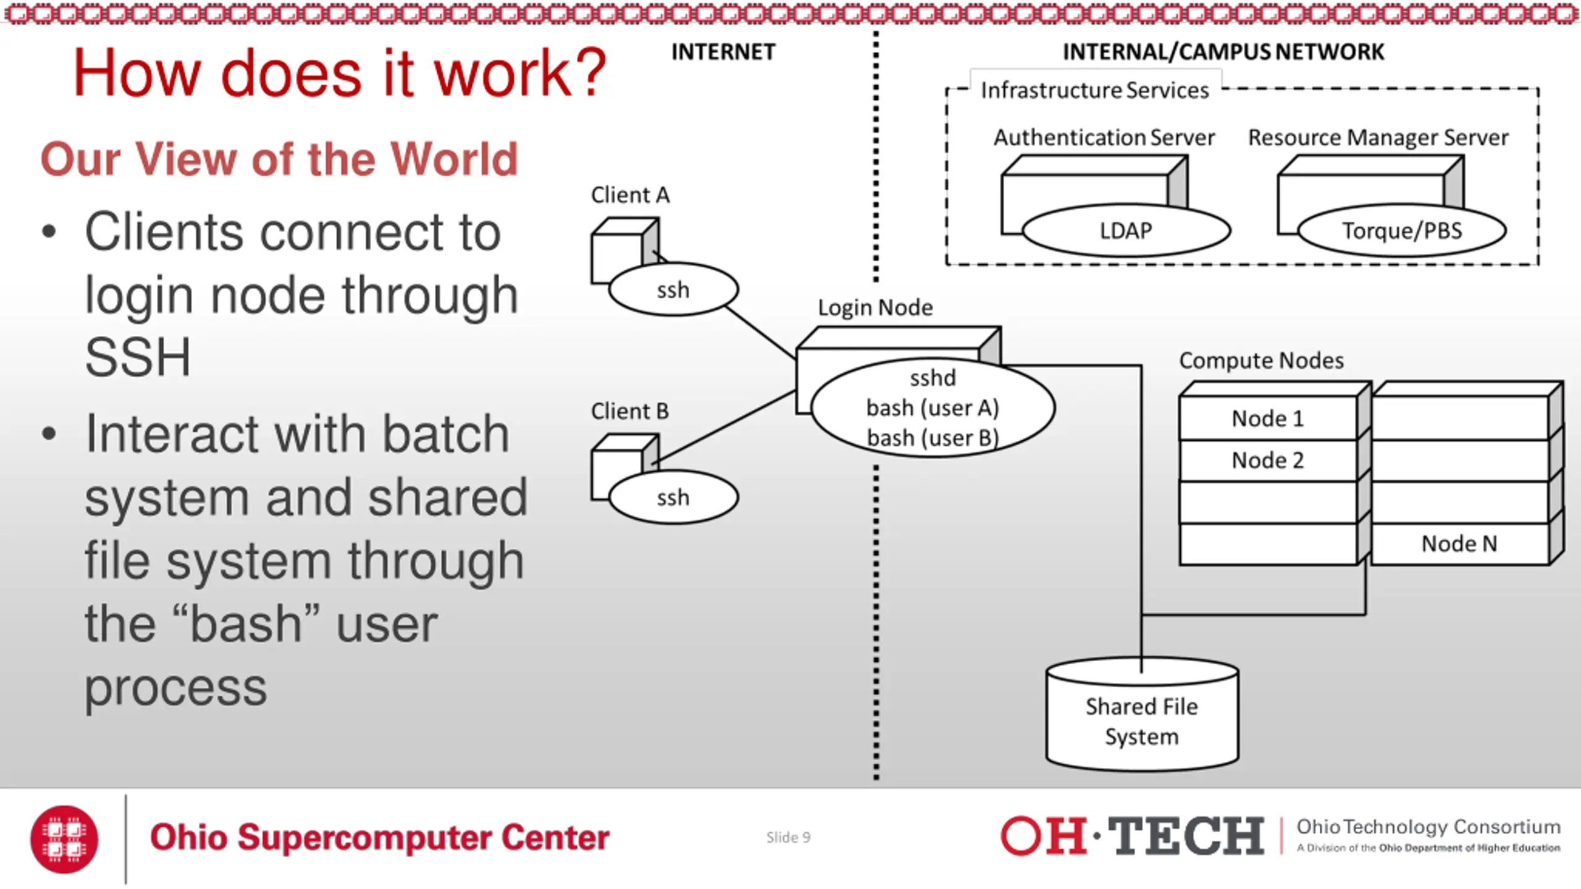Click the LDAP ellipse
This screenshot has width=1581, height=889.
(1126, 230)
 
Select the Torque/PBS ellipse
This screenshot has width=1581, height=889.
(1402, 230)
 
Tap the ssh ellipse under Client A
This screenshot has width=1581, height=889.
(673, 290)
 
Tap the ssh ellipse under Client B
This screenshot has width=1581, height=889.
(673, 498)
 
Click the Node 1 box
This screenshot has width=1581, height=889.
(1267, 419)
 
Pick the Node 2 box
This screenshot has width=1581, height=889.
(1267, 461)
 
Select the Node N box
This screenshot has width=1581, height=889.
(1459, 544)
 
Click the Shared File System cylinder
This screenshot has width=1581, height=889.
(1142, 720)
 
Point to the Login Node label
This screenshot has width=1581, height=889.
(875, 307)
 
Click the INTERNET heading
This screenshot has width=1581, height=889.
(723, 52)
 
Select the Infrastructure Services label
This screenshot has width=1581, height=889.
(1094, 91)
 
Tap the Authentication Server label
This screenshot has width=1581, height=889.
(1104, 137)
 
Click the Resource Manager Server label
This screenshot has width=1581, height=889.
(1378, 137)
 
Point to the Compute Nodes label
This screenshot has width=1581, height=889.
(1261, 361)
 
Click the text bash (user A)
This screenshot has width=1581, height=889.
(933, 408)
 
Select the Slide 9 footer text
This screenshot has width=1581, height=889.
(788, 838)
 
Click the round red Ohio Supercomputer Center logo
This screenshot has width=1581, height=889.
(64, 839)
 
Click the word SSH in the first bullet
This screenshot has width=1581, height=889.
(138, 357)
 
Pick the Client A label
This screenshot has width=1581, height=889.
(630, 195)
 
